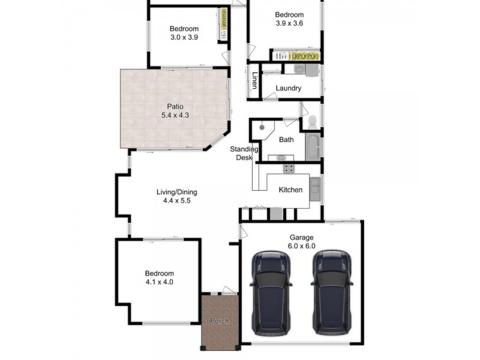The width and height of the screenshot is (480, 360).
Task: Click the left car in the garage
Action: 271,292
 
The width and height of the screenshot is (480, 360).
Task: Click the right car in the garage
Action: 332,292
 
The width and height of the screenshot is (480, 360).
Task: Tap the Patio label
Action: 175,106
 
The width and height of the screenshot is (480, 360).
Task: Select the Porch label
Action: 220,321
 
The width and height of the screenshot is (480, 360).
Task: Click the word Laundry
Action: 288,89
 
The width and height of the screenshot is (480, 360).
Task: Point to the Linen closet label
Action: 254,80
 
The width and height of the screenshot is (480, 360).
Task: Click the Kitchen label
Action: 290,190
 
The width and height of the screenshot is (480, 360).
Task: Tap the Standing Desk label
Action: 245,154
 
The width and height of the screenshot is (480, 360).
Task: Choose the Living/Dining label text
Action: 176,193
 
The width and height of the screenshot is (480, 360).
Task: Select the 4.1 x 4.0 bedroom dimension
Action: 159,282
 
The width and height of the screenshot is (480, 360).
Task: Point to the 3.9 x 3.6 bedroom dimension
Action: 289,24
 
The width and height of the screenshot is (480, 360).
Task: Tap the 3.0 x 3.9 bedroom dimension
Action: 184,37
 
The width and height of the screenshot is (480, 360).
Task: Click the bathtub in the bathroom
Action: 314,147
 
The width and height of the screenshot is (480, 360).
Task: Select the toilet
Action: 311,122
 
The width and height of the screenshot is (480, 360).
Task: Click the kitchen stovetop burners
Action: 289,168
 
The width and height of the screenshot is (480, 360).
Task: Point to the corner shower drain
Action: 262,127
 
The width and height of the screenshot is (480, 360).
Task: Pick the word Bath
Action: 286,140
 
